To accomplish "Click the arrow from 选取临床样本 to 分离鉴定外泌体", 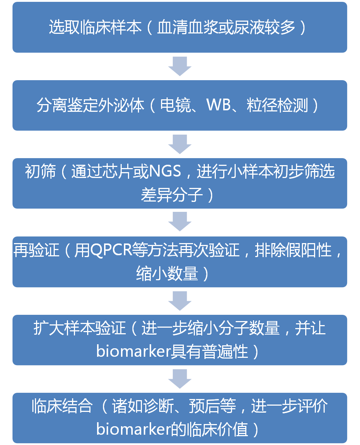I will [x=180, y=67].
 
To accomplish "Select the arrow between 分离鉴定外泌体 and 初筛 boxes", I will [x=180, y=144].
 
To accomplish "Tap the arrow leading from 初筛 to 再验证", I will [x=180, y=222].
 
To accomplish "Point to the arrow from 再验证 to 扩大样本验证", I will [x=180, y=301].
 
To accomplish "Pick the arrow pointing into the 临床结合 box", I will [x=180, y=379].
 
